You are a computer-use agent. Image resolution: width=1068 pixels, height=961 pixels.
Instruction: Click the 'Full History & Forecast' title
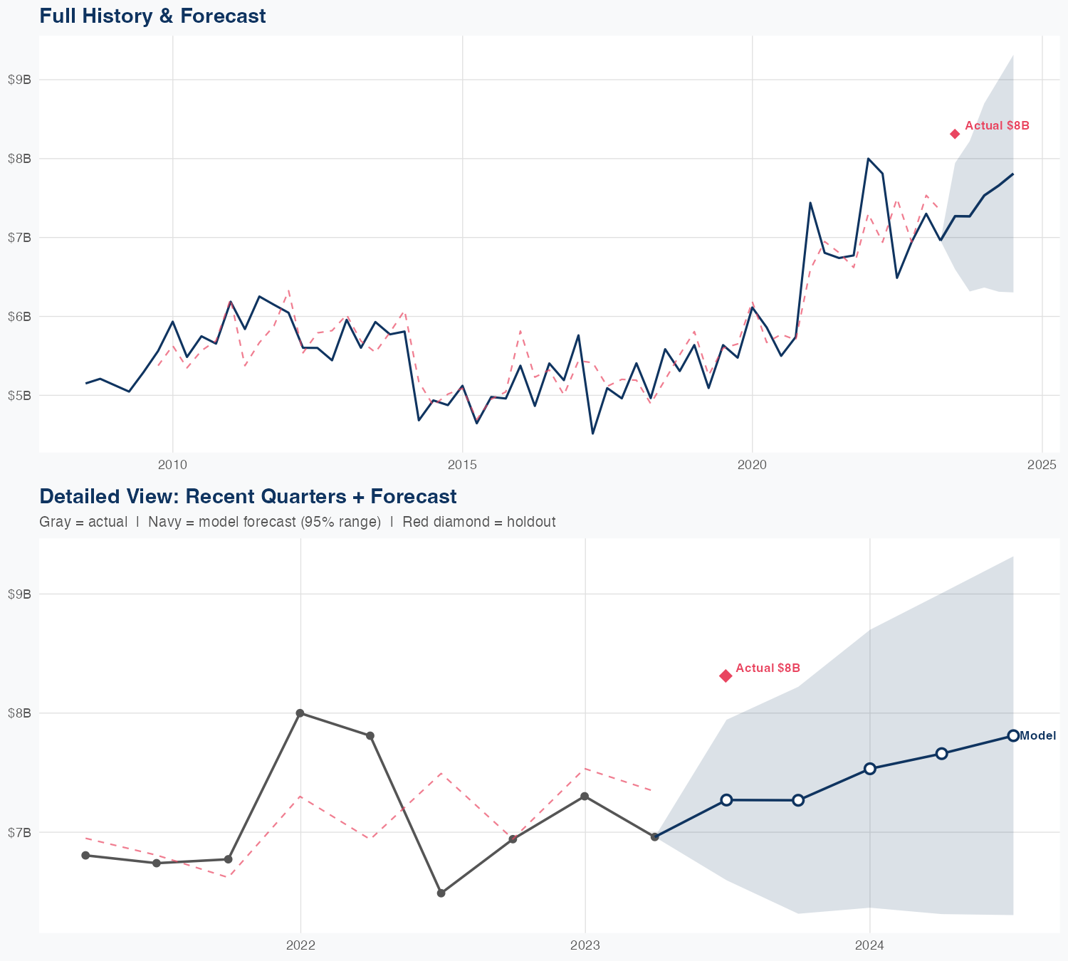tap(152, 16)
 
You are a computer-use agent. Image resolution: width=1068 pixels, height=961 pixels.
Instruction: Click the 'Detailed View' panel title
tap(248, 496)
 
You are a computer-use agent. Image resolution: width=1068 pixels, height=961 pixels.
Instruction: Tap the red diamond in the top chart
tap(955, 134)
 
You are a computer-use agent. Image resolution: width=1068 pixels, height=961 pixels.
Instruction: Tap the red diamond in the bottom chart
tap(726, 676)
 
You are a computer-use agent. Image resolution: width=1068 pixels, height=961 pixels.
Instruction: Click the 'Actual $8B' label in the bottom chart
tap(768, 668)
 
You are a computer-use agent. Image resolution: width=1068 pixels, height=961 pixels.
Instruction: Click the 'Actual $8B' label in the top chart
tap(997, 126)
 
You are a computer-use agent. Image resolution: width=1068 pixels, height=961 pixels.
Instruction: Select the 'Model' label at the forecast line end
tap(1037, 736)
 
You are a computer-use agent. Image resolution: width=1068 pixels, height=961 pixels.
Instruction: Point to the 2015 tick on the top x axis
tap(462, 466)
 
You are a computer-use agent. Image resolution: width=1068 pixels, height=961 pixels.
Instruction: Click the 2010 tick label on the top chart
tap(172, 466)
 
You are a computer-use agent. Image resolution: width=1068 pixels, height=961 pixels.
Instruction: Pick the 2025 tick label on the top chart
tap(1042, 466)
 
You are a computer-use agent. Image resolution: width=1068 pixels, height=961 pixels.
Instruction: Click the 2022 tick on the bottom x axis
tap(300, 945)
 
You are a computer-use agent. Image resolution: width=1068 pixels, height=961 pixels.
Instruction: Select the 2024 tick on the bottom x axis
tap(869, 945)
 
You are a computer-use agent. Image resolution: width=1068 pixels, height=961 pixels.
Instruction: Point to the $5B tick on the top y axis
tap(19, 395)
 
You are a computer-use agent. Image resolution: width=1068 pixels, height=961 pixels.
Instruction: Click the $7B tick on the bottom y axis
tap(19, 832)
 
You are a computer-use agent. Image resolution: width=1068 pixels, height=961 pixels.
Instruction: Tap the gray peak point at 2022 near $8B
tap(300, 713)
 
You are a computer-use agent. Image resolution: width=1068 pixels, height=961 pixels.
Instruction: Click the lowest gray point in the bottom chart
tap(441, 893)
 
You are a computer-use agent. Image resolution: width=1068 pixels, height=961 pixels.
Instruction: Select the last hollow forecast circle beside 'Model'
tap(1012, 735)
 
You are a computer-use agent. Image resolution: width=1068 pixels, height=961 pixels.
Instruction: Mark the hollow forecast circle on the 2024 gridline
tap(869, 769)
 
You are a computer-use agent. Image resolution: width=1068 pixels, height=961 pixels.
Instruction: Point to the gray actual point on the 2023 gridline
tap(585, 796)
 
